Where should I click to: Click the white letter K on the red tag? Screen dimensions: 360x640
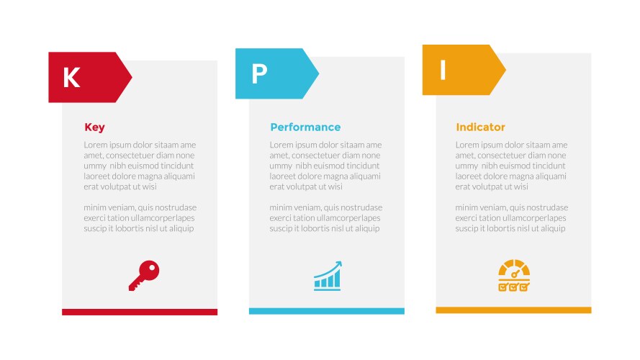[71, 77]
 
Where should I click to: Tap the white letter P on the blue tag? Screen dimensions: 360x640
[258, 73]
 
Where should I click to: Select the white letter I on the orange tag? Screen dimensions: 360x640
[443, 70]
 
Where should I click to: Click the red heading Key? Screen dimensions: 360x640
[94, 127]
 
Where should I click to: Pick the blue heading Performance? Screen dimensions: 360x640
[305, 127]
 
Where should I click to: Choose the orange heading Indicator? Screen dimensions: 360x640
[480, 127]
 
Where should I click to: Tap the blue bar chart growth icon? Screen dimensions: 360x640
[328, 276]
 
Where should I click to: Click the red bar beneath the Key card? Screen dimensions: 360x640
[140, 312]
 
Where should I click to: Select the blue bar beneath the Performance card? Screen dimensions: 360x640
[326, 311]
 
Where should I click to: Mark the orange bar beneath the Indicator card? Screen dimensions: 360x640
[513, 310]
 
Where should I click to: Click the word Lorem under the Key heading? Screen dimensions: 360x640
[96, 145]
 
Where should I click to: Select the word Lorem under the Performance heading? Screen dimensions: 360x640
[283, 145]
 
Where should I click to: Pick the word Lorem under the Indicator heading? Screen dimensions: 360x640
[469, 145]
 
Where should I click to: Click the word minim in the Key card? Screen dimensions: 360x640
[96, 207]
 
